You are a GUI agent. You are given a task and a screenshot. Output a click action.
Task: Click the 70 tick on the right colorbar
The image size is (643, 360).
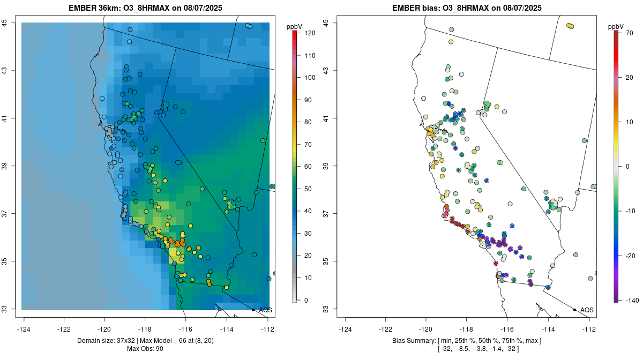(x=630, y=33)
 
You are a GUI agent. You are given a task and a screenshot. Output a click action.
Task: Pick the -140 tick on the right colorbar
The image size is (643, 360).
(x=632, y=300)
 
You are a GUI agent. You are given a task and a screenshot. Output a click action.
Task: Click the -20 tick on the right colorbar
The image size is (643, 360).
(x=631, y=256)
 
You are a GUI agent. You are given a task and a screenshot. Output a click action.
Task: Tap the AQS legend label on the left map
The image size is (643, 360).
(x=265, y=310)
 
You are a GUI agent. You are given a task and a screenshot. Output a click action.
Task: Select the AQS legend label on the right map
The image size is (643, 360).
(x=587, y=310)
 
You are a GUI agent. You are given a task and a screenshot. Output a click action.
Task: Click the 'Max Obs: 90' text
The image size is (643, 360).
(x=145, y=349)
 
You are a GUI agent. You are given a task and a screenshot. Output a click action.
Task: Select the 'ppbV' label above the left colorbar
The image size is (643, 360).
(x=295, y=26)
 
